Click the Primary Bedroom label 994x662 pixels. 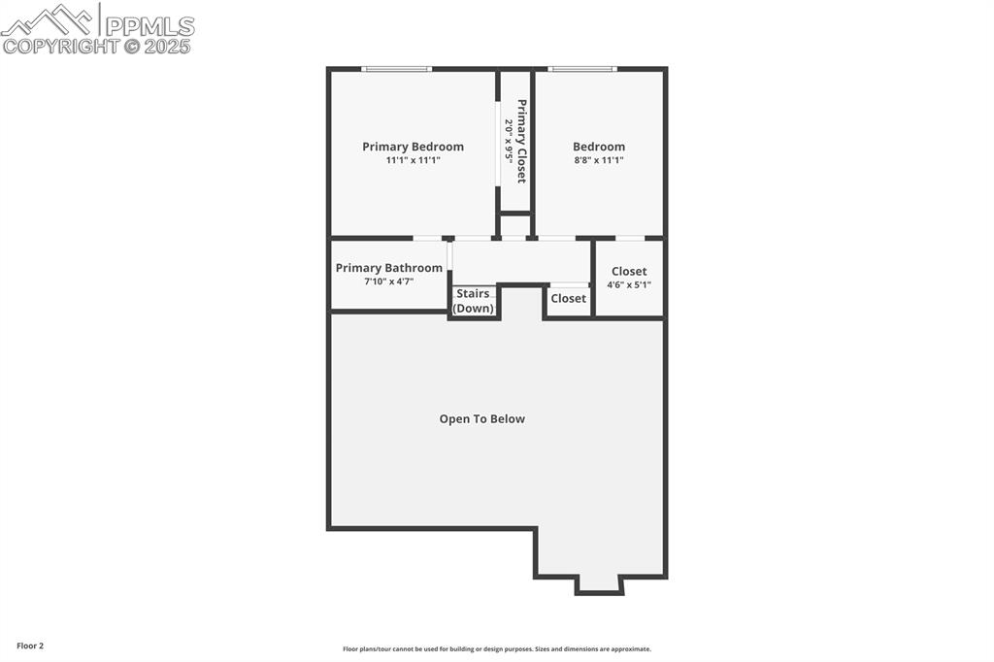coord(413,147)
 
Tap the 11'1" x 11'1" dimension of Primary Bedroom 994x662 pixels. coord(413,160)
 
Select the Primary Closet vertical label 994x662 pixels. coord(521,141)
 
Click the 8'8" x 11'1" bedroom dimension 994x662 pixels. coord(598,160)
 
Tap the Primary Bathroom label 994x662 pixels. coord(388,268)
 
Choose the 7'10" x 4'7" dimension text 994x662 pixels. coord(388,281)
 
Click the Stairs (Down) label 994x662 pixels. coord(474,301)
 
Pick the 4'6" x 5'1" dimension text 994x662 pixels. coord(629,285)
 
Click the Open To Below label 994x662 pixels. coord(481,419)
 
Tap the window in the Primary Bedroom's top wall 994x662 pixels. coord(396,69)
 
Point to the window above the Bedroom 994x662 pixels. coord(581,69)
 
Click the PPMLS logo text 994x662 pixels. coord(149,25)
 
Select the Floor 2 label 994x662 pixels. coord(30,645)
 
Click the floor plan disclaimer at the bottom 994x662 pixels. coord(496,649)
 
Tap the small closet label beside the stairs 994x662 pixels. coord(568,299)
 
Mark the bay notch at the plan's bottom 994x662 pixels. coord(599,584)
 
